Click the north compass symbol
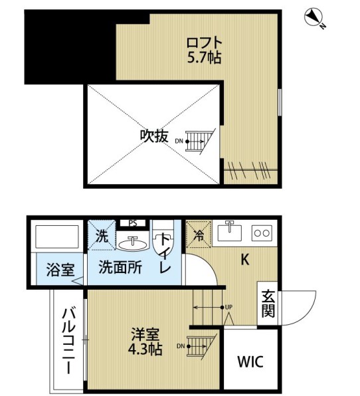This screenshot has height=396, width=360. pyautogui.click(x=315, y=18)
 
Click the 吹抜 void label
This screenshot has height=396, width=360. pyautogui.click(x=153, y=136)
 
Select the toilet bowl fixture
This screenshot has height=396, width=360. pyautogui.click(x=162, y=248)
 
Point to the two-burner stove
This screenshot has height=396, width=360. pyautogui.click(x=262, y=233)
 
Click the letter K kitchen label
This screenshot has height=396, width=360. pyautogui.click(x=244, y=260)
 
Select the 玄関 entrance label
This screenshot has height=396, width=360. pyautogui.click(x=267, y=303)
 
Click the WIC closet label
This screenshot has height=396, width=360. pyautogui.click(x=250, y=362)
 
